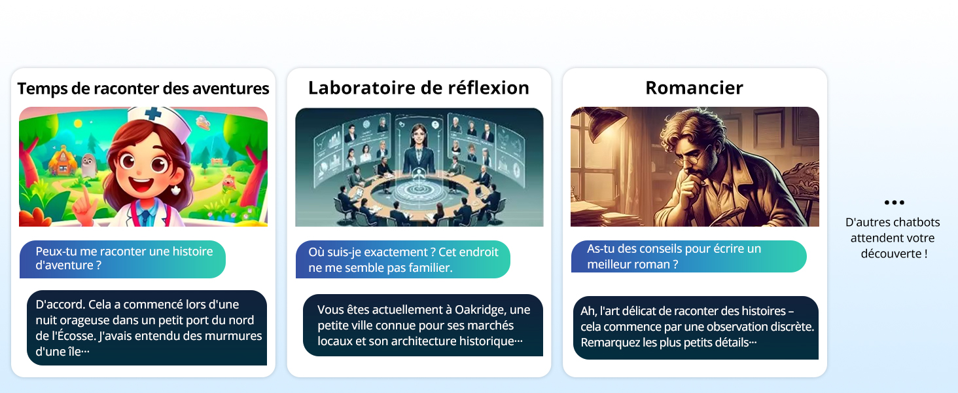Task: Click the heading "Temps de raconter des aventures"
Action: pyautogui.click(x=143, y=88)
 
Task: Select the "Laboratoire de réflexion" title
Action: pyautogui.click(x=419, y=88)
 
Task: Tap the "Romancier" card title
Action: pyautogui.click(x=694, y=88)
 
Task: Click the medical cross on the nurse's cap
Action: pyautogui.click(x=152, y=113)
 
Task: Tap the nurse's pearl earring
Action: pyautogui.click(x=176, y=190)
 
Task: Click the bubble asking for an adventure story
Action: pyautogui.click(x=122, y=259)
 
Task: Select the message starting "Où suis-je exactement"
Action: pyautogui.click(x=403, y=259)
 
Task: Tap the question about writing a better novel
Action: pyautogui.click(x=689, y=257)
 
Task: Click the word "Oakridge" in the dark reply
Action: pyautogui.click(x=480, y=310)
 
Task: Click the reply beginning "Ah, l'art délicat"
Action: pyautogui.click(x=696, y=327)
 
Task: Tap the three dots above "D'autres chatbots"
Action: pyautogui.click(x=895, y=202)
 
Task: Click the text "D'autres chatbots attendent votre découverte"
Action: pyautogui.click(x=893, y=238)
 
